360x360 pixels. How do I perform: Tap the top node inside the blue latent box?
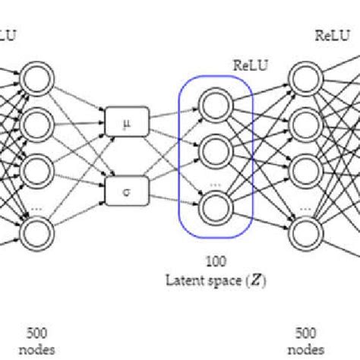(x=213, y=103)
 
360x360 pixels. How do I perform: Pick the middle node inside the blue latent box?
(x=213, y=152)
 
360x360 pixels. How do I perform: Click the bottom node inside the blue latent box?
(x=213, y=207)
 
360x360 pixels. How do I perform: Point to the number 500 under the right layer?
(x=305, y=332)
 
